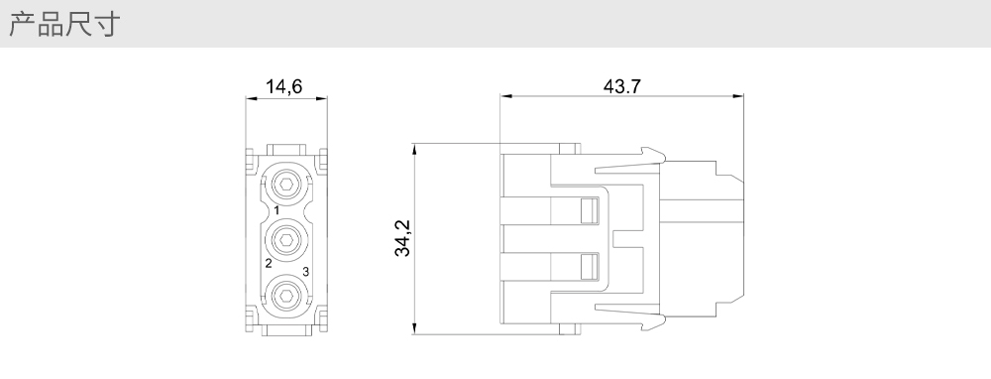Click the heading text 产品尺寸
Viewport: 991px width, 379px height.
(x=64, y=24)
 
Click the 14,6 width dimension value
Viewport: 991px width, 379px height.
(x=283, y=86)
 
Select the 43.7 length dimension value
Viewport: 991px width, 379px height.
(x=622, y=86)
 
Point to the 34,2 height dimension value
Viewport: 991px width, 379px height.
(x=402, y=238)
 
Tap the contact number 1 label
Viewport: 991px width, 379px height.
(x=276, y=210)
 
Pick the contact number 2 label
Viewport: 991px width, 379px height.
(x=269, y=263)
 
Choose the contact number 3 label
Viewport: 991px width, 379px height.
(x=306, y=272)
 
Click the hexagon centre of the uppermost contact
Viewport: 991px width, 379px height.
(x=286, y=185)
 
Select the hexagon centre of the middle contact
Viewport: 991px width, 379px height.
(x=286, y=240)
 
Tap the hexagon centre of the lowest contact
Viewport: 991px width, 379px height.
(x=286, y=295)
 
